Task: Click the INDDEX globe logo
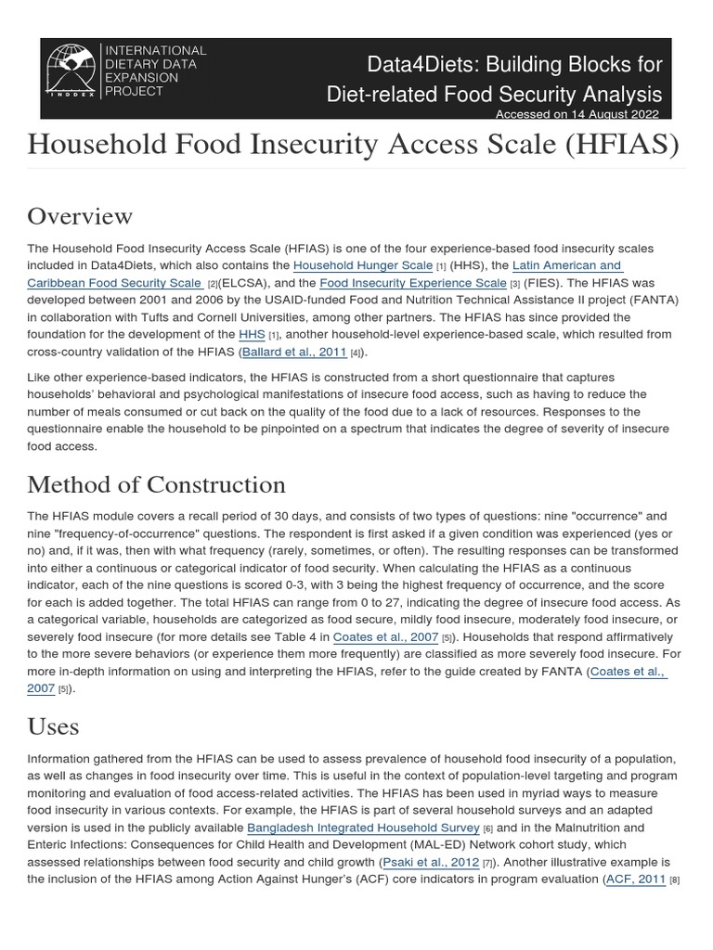point(73,71)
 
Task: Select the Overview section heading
point(80,216)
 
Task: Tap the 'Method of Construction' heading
point(156,484)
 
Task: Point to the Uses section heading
point(53,726)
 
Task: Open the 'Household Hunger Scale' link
point(363,265)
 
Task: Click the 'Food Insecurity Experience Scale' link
point(413,283)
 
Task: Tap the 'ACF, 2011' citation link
point(636,879)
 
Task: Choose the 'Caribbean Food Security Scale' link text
point(114,283)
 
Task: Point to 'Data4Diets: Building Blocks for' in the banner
point(514,64)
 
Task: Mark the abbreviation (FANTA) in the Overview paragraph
point(654,300)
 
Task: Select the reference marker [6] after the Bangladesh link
point(487,828)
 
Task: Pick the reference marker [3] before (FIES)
point(513,284)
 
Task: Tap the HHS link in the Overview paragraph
point(252,335)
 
